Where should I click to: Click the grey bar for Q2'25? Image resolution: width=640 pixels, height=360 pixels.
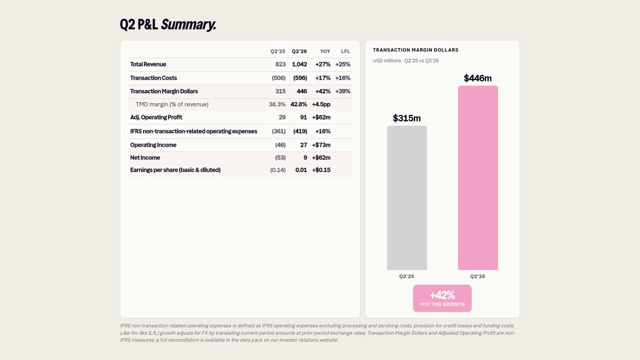click(x=407, y=198)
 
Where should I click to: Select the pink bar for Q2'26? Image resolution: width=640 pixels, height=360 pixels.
click(x=478, y=178)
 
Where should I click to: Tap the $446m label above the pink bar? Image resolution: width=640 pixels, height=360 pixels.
click(x=478, y=78)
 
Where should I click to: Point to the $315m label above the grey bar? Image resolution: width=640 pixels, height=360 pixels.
click(x=407, y=118)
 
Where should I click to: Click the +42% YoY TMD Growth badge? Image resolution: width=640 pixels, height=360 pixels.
click(x=442, y=298)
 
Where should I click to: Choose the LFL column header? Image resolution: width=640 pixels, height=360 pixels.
click(x=346, y=52)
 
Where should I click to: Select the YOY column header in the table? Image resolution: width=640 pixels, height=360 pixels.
click(x=325, y=52)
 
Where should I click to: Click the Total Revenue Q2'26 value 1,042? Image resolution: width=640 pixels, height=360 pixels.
click(x=300, y=64)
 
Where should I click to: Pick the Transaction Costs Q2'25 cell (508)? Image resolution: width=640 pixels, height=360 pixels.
click(x=279, y=78)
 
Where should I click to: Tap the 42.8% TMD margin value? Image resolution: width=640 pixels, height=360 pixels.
click(x=299, y=104)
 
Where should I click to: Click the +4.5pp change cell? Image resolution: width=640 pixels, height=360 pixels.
click(x=321, y=104)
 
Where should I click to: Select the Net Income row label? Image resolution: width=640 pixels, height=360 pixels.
click(x=145, y=157)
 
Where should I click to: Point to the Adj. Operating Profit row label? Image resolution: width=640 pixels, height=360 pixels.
click(x=156, y=118)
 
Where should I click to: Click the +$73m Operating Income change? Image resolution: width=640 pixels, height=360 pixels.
click(x=321, y=145)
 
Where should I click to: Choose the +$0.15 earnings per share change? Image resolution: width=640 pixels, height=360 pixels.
click(x=321, y=170)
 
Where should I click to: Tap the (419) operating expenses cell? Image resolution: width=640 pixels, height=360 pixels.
click(x=300, y=131)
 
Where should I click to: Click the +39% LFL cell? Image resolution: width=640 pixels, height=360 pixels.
click(x=343, y=91)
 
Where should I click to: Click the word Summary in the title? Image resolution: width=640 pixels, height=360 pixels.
click(x=188, y=24)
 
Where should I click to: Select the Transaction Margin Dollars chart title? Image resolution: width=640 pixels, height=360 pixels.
click(x=416, y=50)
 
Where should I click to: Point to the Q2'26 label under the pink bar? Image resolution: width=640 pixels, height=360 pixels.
click(x=478, y=276)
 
